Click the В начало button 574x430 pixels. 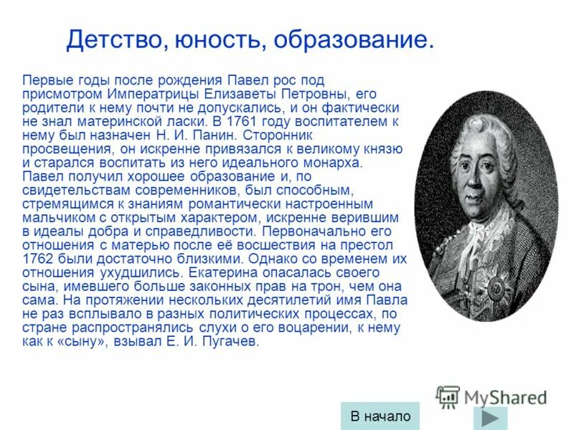point(380,416)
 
